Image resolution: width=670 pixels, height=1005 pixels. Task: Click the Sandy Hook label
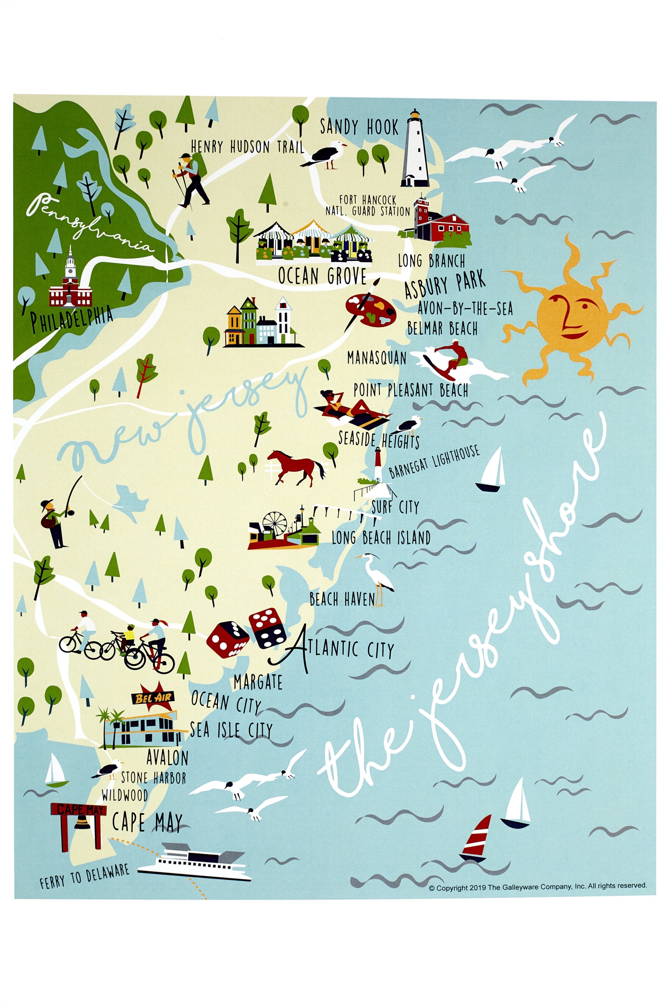(x=359, y=127)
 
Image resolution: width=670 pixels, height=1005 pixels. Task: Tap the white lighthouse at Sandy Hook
(x=414, y=150)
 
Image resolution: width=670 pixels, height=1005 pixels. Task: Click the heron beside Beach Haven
(x=376, y=577)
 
